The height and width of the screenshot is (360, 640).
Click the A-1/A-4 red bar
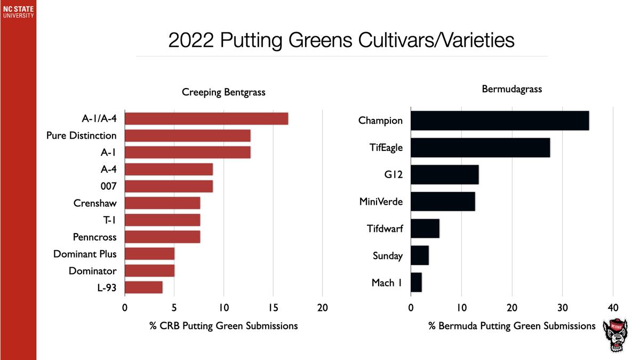point(206,118)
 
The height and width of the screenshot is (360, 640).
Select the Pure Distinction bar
point(187,135)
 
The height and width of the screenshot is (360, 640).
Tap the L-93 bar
point(143,287)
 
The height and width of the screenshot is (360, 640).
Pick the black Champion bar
point(500,121)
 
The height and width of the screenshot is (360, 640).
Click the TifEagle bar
point(480,147)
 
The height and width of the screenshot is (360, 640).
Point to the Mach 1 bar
point(416,282)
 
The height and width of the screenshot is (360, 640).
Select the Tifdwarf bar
point(425,228)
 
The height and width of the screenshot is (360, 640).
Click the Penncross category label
point(94,237)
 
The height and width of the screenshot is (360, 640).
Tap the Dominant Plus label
point(85,254)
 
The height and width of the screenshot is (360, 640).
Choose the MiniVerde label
point(381,202)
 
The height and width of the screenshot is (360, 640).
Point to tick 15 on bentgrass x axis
point(273,308)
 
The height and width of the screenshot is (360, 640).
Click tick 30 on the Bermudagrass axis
point(562,308)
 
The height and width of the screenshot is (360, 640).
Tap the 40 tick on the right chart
point(613,308)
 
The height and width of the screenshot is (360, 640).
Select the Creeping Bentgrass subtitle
point(223,93)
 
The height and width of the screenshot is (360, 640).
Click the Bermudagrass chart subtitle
point(511,89)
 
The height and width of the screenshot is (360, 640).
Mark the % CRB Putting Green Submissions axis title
point(223,325)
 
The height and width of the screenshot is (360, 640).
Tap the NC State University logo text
point(18,12)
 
